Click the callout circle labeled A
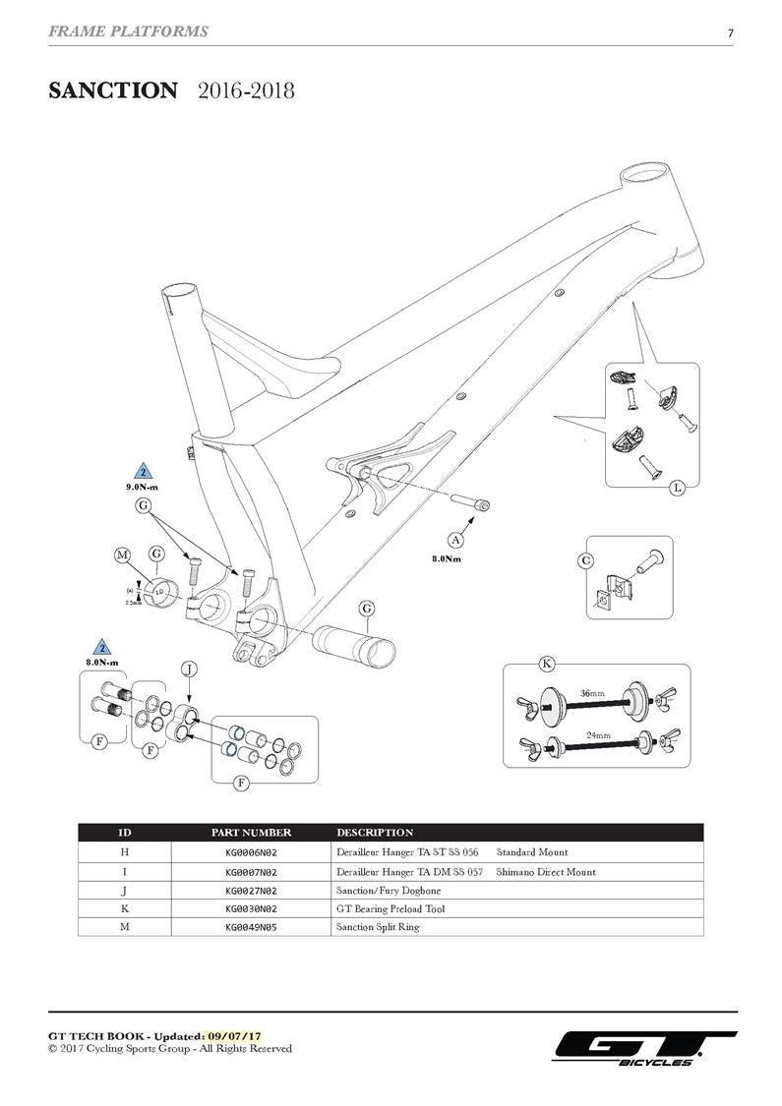pos(455,539)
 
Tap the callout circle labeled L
pos(677,488)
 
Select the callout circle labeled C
pos(586,560)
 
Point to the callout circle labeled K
pos(547,664)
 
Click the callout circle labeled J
pos(190,669)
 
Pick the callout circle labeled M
pos(123,555)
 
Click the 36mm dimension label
pos(593,694)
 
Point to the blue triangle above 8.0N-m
pos(100,648)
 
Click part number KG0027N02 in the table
pos(251,891)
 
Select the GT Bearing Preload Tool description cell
pos(390,909)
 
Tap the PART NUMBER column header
pos(251,833)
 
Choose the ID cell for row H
pos(125,852)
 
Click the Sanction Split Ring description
pos(378,927)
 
